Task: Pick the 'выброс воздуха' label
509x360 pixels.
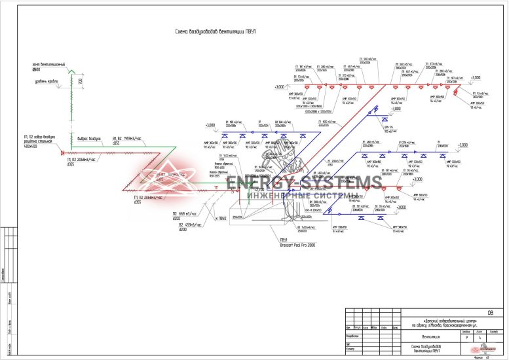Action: [x=87, y=138]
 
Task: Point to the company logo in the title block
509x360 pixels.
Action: [x=488, y=348]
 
